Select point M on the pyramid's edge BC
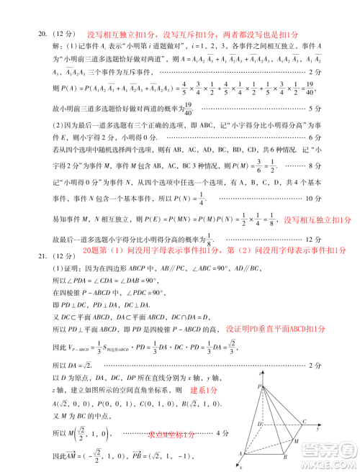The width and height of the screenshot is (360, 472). [x=297, y=440]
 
